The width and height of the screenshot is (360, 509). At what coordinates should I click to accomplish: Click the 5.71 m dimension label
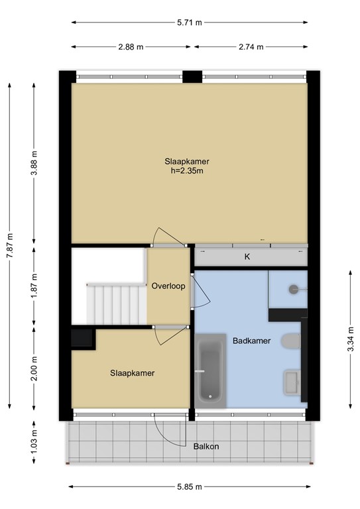click(x=190, y=23)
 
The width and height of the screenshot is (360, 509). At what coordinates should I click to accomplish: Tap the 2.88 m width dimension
click(x=131, y=47)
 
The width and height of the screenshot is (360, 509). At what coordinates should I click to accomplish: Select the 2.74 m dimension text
click(x=251, y=47)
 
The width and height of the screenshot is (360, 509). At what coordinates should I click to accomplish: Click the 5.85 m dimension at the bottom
click(x=190, y=486)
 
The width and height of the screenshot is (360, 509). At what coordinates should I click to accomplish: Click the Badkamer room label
click(x=250, y=341)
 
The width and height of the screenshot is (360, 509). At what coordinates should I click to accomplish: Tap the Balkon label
click(x=206, y=446)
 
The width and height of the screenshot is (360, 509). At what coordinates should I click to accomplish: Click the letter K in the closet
click(x=247, y=256)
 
